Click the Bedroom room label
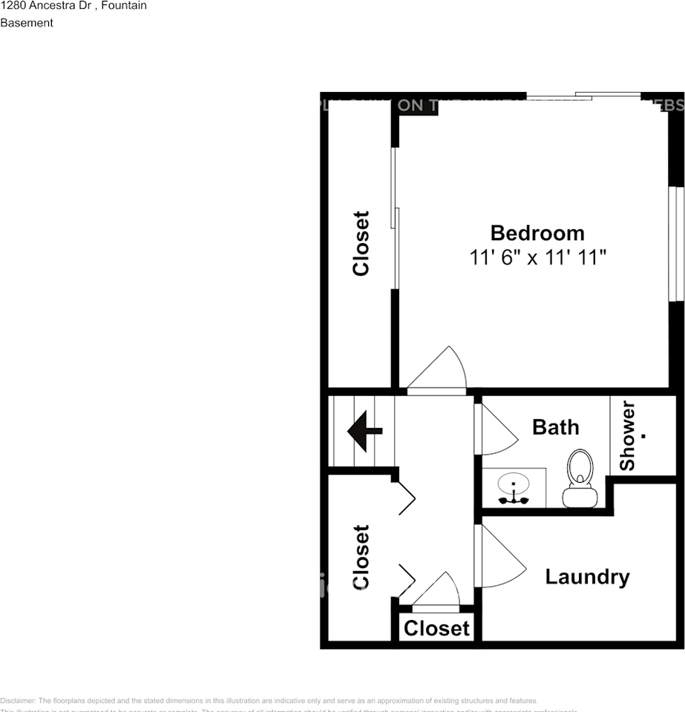click(x=537, y=233)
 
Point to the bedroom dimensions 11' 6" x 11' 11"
click(x=538, y=258)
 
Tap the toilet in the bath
click(x=580, y=478)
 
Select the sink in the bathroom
click(x=514, y=489)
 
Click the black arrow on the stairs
click(x=364, y=432)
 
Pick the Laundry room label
click(x=587, y=577)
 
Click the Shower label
click(x=628, y=436)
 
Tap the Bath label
click(x=555, y=427)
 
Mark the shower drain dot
click(x=643, y=436)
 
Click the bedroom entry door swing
click(x=439, y=369)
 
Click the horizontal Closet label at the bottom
click(x=436, y=629)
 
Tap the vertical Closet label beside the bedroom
click(x=361, y=243)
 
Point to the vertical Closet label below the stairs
click(x=361, y=557)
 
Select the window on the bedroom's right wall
click(x=675, y=243)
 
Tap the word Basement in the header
click(x=27, y=23)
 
